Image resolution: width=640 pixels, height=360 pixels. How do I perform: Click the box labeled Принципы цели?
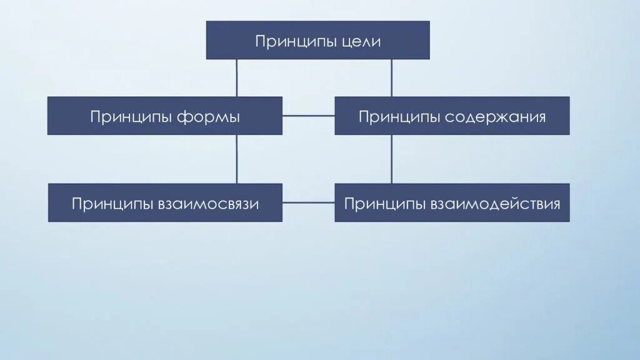317,40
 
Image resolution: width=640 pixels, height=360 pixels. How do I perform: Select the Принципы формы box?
164,116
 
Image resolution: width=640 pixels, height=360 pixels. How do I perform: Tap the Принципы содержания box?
452,116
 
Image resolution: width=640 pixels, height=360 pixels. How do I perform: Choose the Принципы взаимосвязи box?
165,202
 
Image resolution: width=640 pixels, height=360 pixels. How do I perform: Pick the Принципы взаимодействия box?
452,202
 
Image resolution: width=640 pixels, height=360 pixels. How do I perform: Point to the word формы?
209,117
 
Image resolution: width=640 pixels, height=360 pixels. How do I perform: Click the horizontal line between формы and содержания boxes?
308,116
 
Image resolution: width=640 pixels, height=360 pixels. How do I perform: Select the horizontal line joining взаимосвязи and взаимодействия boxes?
308,202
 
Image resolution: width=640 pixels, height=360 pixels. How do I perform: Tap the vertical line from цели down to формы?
236,77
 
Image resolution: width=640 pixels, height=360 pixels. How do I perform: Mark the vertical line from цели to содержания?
392,77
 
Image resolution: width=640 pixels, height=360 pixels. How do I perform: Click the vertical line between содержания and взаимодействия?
392,159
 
